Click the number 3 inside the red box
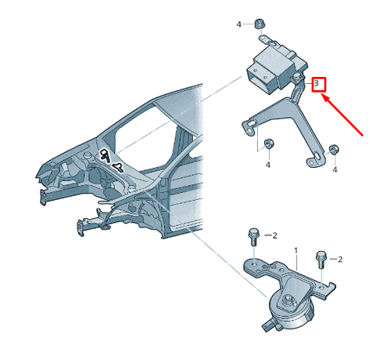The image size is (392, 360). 317,84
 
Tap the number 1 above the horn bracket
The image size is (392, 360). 296,251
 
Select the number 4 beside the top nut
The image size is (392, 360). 238,24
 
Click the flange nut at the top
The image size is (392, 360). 260,24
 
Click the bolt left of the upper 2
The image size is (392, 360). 253,237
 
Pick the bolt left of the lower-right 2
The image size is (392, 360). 321,260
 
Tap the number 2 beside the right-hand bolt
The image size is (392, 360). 339,260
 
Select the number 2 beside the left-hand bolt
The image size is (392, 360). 274,236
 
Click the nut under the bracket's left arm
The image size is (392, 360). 269,144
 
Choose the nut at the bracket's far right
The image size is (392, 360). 333,149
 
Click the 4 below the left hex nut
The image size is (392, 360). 268,165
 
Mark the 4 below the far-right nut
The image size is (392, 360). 335,170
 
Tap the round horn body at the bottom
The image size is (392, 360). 290,314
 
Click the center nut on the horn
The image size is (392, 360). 288,299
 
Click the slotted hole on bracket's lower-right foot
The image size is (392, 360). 317,155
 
